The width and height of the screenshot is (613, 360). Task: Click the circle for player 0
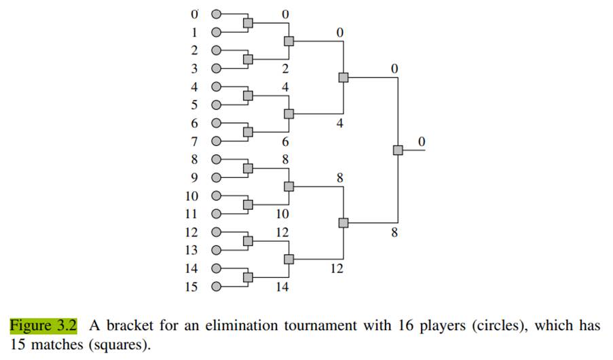click(217, 14)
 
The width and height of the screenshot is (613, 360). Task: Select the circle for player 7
click(217, 141)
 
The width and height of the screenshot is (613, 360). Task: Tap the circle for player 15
click(217, 287)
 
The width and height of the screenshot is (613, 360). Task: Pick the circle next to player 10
click(217, 196)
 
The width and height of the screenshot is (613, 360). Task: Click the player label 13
click(191, 250)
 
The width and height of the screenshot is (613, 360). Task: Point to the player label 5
click(194, 105)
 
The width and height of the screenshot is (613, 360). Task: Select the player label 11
click(191, 214)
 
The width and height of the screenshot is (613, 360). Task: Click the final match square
click(398, 150)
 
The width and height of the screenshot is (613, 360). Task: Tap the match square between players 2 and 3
click(248, 59)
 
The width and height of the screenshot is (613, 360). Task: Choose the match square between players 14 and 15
click(248, 277)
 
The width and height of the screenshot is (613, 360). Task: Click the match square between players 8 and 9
click(248, 168)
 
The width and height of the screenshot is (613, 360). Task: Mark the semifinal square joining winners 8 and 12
click(343, 223)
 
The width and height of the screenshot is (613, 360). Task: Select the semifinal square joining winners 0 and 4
click(343, 77)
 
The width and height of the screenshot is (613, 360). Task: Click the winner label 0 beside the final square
click(422, 141)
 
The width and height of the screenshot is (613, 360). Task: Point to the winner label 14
click(282, 287)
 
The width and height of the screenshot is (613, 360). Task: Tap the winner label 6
click(285, 142)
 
